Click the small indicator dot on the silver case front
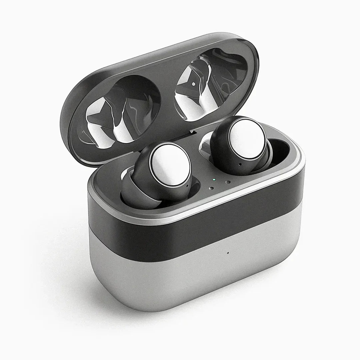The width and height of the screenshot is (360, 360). pyautogui.click(x=228, y=252)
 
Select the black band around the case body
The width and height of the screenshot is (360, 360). pyautogui.click(x=187, y=227)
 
